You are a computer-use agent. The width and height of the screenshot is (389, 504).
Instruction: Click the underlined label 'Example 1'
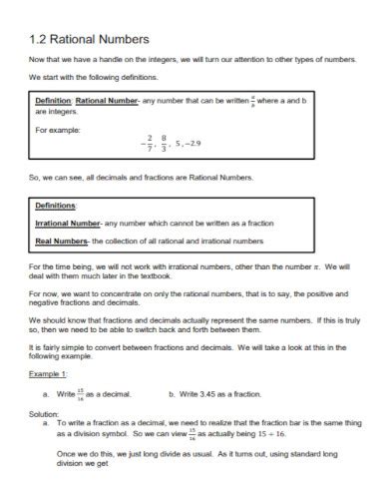[47, 374]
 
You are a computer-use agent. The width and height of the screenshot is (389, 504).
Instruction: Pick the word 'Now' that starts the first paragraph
[37, 61]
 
